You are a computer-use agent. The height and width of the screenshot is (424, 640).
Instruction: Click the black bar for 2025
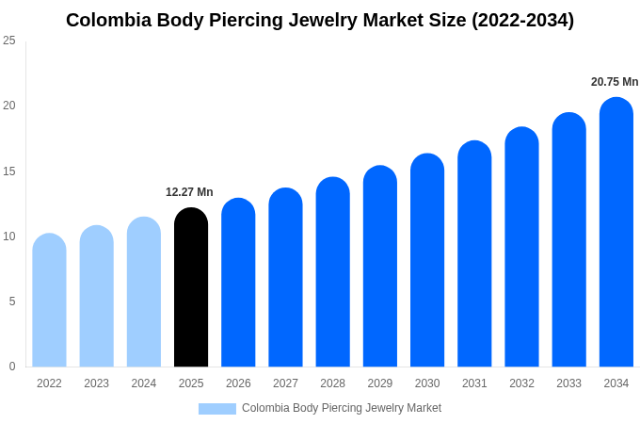pyautogui.click(x=191, y=287)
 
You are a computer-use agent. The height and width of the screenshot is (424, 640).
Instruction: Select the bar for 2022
pyautogui.click(x=49, y=301)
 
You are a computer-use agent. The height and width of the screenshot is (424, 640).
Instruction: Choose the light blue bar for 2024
pyautogui.click(x=144, y=292)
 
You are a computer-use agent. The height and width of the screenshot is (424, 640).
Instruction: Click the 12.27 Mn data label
pyautogui.click(x=189, y=192)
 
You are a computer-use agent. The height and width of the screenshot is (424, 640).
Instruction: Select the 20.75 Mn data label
pyautogui.click(x=615, y=82)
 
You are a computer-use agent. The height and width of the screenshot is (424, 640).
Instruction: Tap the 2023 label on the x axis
pyautogui.click(x=96, y=383)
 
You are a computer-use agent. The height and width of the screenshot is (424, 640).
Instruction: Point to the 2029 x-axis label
pyautogui.click(x=380, y=383)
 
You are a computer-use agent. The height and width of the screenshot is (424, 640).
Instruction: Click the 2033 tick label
pyautogui.click(x=568, y=383)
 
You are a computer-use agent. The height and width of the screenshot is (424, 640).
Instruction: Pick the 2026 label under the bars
pyautogui.click(x=238, y=383)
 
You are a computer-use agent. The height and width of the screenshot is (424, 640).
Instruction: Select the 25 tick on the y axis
pyautogui.click(x=9, y=41)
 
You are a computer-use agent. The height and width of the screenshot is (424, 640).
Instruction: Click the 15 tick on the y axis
pyautogui.click(x=9, y=171)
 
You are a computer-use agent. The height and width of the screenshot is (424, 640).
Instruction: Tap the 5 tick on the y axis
pyautogui.click(x=12, y=302)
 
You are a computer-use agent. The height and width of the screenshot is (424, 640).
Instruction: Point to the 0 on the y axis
pyautogui.click(x=12, y=367)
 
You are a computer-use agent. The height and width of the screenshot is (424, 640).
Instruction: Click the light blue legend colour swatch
pyautogui.click(x=217, y=409)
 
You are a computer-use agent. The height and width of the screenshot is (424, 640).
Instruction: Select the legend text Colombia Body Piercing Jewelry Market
pyautogui.click(x=342, y=408)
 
